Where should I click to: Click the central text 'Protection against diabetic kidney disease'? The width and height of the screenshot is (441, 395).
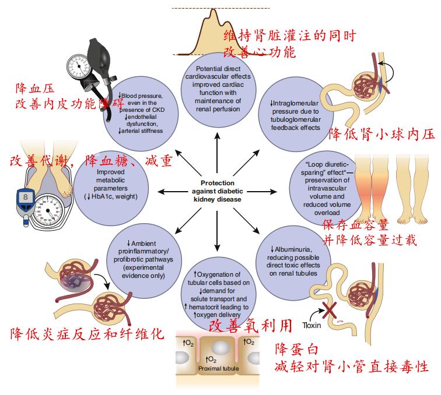click(216, 191)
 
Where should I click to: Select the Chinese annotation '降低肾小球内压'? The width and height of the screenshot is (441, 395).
click(382, 134)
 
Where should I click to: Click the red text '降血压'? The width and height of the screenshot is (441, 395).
click(36, 89)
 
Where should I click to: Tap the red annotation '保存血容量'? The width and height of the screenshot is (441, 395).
click(355, 225)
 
